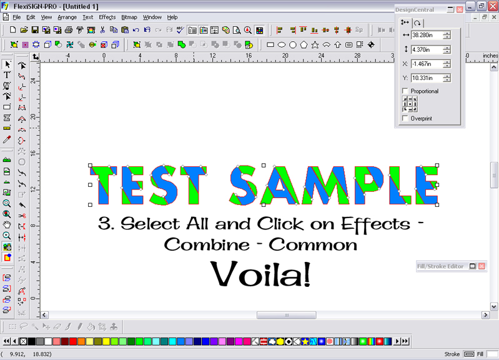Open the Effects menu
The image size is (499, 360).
(107, 17)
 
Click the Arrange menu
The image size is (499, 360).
(67, 17)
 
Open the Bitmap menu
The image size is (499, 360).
(129, 17)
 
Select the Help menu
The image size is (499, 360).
(172, 17)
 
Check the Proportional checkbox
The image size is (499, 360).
(405, 91)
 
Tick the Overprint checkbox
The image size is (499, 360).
(405, 119)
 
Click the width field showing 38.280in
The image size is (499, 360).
(427, 35)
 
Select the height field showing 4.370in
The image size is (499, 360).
(427, 50)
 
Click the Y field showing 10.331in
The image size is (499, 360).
(427, 78)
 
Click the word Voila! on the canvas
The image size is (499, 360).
(260, 274)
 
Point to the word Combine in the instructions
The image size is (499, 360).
(207, 245)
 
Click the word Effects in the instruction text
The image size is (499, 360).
(376, 224)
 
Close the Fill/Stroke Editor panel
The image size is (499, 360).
(482, 266)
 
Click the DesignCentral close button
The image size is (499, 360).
(460, 9)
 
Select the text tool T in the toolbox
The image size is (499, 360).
(7, 75)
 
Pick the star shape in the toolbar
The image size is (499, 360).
(315, 45)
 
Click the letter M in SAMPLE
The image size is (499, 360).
(325, 185)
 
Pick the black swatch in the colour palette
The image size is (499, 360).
(31, 341)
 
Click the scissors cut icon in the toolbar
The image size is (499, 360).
(102, 30)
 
